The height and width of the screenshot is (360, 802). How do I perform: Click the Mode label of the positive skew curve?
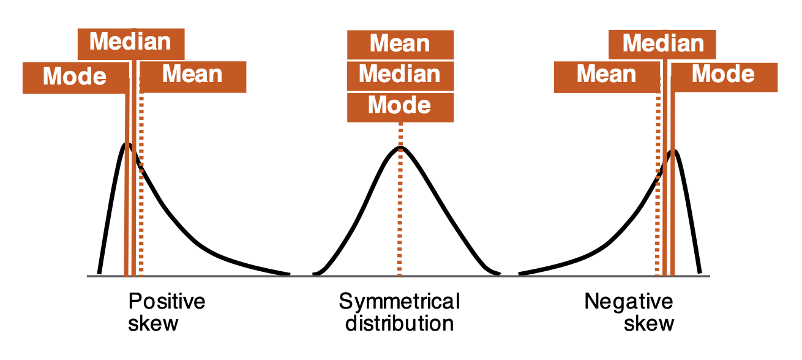[x=75, y=77]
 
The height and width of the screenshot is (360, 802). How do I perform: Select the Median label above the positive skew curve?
[x=130, y=42]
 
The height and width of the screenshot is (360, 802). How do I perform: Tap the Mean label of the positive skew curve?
[x=192, y=75]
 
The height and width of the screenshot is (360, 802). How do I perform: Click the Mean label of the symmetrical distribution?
[x=400, y=44]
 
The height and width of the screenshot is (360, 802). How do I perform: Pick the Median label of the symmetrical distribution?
[x=400, y=75]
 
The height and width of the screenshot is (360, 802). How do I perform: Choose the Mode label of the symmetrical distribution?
[x=400, y=106]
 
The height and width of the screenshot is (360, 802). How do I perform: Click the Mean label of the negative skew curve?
[x=606, y=75]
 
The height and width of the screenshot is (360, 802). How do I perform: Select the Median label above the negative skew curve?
[x=663, y=44]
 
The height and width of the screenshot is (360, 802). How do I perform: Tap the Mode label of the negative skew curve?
[x=723, y=75]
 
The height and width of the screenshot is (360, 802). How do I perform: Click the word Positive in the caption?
[x=167, y=302]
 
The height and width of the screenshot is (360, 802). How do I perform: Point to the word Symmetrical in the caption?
[x=399, y=302]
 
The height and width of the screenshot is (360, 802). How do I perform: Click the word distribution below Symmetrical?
[x=399, y=323]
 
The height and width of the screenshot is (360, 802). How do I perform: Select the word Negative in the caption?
[x=629, y=302]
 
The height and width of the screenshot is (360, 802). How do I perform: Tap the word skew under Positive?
[x=153, y=323]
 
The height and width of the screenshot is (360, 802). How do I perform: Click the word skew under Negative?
[x=649, y=323]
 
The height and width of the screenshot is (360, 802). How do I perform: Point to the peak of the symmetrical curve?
[x=400, y=148]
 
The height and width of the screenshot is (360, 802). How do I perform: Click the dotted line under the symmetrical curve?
[x=400, y=214]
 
